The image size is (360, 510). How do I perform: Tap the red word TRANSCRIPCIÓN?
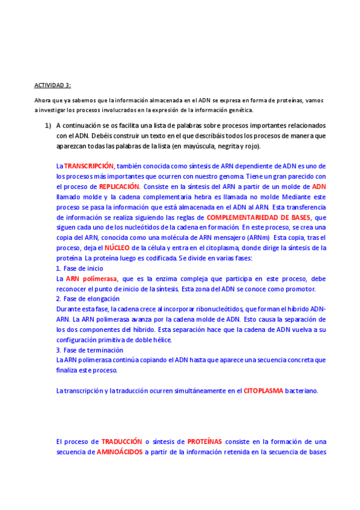[89, 165]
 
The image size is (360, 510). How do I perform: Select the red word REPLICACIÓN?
[120, 186]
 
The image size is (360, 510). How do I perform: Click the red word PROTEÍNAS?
[204, 441]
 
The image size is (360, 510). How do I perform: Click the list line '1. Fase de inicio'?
[79, 268]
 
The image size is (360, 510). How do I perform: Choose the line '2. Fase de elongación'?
[88, 299]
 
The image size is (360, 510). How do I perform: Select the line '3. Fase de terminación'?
[90, 350]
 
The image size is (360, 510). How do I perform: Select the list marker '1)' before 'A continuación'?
[47, 125]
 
